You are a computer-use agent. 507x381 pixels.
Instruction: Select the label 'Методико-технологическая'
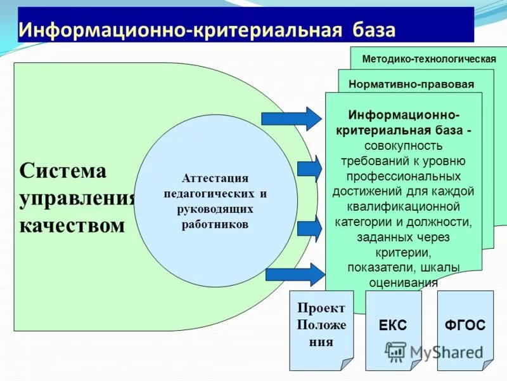[428, 59]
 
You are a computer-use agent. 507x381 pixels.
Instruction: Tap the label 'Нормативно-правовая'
[411, 84]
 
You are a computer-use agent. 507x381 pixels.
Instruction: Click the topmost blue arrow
[292, 119]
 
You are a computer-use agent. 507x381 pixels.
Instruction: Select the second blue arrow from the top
[309, 169]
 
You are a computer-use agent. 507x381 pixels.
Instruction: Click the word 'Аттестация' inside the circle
[215, 178]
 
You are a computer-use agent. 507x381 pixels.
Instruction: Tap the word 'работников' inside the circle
[215, 224]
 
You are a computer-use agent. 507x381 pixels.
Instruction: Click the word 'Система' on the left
[63, 170]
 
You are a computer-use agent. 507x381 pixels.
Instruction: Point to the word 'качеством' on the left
[72, 225]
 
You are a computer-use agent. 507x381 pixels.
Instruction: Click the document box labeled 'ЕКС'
[393, 327]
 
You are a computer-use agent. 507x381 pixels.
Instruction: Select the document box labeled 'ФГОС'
[465, 327]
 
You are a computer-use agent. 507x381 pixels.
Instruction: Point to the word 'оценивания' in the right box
[403, 283]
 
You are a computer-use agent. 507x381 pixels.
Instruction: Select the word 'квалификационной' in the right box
[403, 206]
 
